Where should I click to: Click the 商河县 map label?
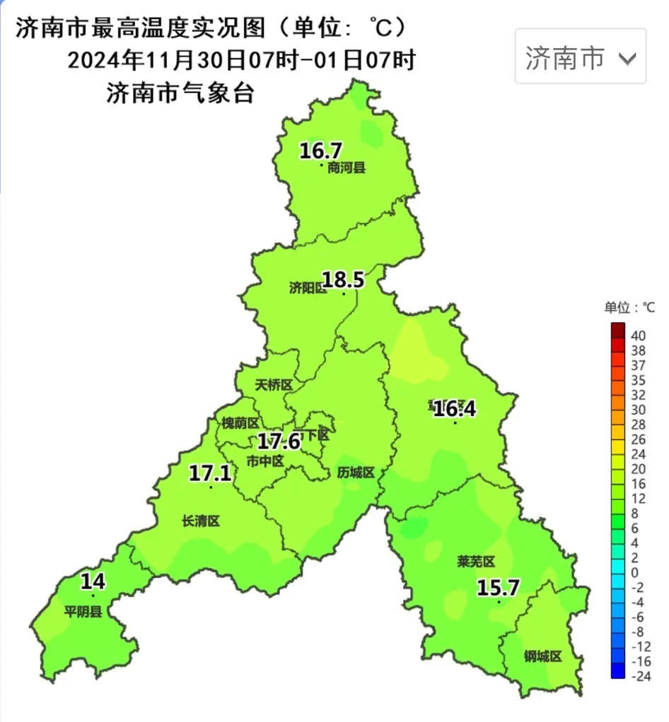[347, 168]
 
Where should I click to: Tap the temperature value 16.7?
[320, 150]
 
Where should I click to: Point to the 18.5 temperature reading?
[343, 280]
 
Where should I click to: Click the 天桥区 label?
[274, 385]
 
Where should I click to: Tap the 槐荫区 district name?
[240, 422]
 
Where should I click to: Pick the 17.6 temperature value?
[279, 442]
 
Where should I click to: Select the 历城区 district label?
[356, 472]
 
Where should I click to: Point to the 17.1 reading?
[210, 473]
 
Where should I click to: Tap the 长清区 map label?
[201, 521]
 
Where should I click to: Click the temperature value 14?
[93, 582]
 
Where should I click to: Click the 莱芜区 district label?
[476, 562]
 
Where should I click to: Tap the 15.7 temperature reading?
[498, 588]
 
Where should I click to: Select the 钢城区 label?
[542, 656]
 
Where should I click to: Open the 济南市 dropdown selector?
[580, 57]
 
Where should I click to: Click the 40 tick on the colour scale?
[638, 336]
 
